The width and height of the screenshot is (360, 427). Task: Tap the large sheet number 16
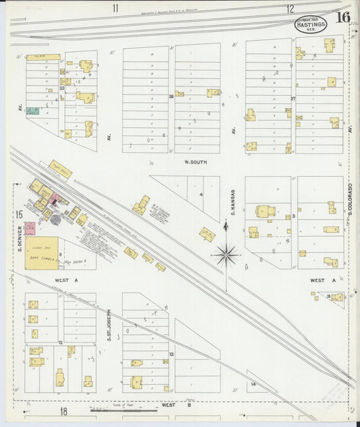click(343, 18)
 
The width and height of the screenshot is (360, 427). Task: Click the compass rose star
click(226, 255)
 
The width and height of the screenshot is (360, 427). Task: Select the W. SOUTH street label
click(195, 162)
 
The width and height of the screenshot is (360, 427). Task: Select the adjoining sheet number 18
click(63, 411)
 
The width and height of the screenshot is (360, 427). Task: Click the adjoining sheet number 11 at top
click(115, 8)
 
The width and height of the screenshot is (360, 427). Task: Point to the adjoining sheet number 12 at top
click(290, 9)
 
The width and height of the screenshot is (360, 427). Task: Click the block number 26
click(172, 97)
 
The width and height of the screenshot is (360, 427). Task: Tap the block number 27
click(293, 99)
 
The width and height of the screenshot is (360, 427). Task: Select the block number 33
click(61, 88)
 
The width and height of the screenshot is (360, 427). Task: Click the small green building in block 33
click(32, 111)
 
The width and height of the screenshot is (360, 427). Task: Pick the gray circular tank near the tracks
click(55, 220)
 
